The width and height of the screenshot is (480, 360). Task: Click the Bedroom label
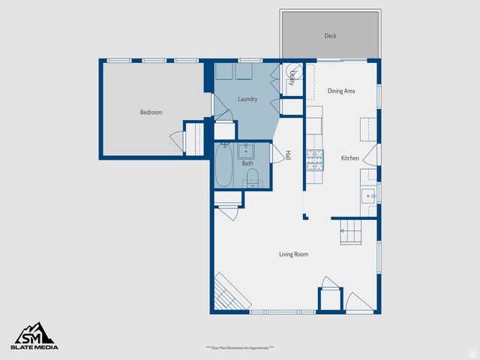151,112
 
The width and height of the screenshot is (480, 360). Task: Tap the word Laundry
247,99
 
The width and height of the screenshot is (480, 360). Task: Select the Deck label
330,35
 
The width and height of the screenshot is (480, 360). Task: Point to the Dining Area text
341,91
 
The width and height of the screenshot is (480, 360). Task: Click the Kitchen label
350,158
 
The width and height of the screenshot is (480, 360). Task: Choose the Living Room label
294,254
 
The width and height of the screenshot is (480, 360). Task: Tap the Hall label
287,156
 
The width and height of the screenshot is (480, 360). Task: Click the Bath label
247,163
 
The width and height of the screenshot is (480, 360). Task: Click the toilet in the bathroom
253,177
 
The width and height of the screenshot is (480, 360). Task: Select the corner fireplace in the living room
228,292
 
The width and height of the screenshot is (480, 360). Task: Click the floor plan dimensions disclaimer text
240,348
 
